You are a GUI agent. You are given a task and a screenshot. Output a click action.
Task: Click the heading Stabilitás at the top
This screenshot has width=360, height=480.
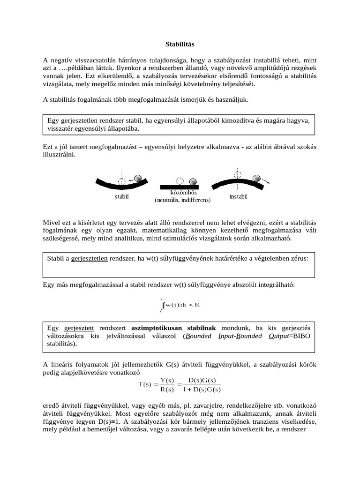pyautogui.click(x=180, y=44)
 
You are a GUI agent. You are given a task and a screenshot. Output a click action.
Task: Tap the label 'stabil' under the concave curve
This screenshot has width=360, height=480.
pyautogui.click(x=122, y=197)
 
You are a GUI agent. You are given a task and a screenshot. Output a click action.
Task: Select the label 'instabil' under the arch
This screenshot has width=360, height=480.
pyautogui.click(x=238, y=196)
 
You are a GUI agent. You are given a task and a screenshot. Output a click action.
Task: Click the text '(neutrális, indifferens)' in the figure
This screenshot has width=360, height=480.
pyautogui.click(x=183, y=200)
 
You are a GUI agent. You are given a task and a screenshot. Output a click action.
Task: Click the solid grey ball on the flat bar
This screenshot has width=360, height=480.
pyautogui.click(x=193, y=181)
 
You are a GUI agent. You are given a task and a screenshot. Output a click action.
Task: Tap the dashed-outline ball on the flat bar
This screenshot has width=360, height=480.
pyautogui.click(x=179, y=180)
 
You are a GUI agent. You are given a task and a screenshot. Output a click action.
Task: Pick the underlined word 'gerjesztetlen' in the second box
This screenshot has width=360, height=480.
pyautogui.click(x=90, y=258)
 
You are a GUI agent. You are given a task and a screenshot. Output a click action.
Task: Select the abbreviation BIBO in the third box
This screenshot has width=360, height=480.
pyautogui.click(x=300, y=336)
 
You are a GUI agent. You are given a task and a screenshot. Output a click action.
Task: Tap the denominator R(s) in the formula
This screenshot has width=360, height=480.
pyautogui.click(x=167, y=389)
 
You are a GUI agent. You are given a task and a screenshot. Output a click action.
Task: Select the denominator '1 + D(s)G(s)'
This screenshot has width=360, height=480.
pyautogui.click(x=201, y=389)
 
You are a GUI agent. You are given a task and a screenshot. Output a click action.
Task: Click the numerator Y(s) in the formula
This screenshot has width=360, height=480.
pyautogui.click(x=167, y=380)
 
